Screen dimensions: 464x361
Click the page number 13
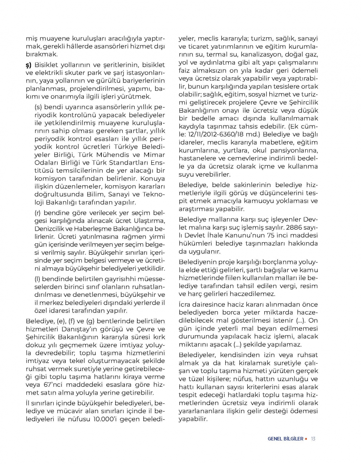(313, 439)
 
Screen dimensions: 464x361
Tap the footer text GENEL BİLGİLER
(285, 439)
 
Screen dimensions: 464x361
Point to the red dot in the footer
(306, 439)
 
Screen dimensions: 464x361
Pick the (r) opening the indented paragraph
(38, 213)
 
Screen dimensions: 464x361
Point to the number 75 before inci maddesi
(270, 235)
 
